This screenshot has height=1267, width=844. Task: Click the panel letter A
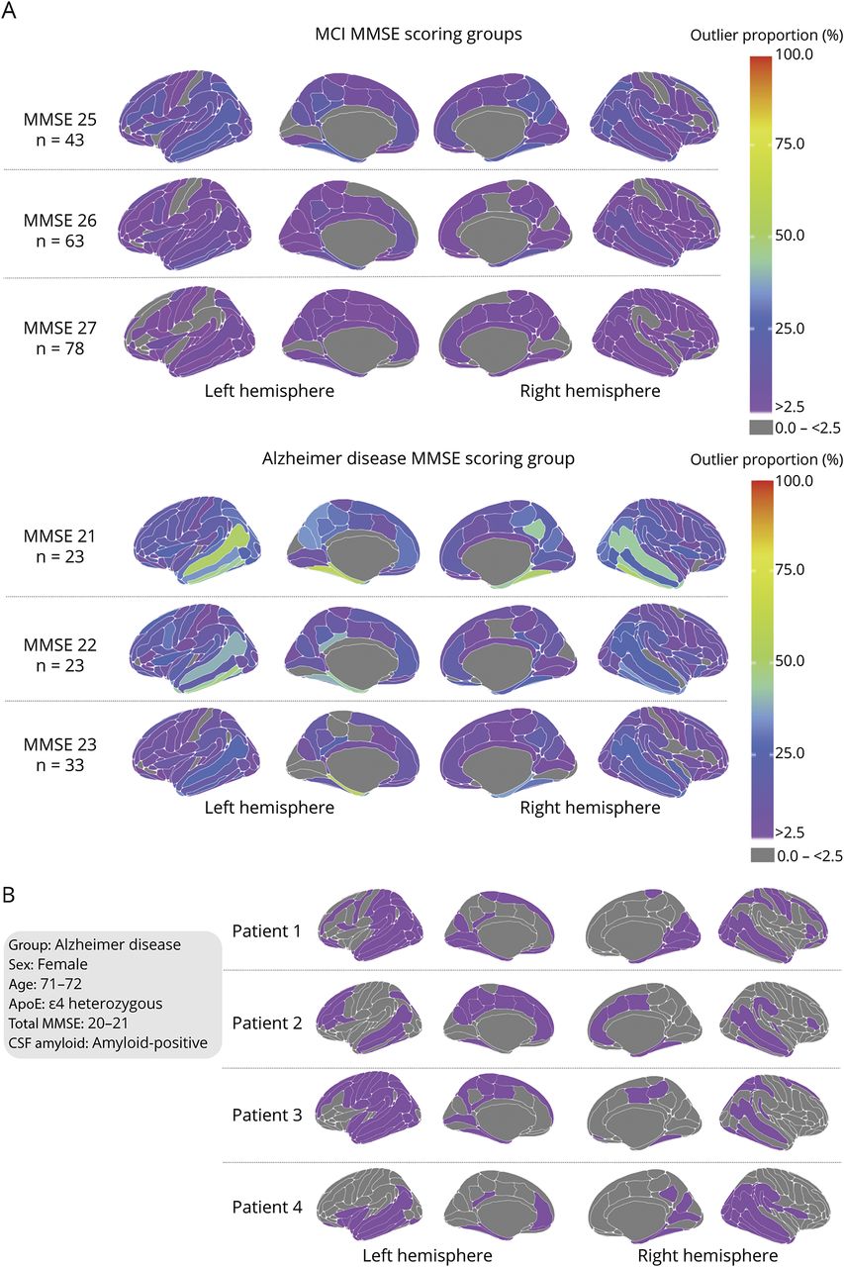[x=9, y=11]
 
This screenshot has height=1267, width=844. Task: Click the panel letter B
[x=8, y=896]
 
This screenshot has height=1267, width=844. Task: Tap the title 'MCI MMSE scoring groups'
[x=419, y=35]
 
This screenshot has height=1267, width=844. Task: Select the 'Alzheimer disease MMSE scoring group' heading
[x=418, y=458]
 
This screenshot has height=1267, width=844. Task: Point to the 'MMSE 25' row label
[x=60, y=120]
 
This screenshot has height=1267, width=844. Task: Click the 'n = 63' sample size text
[x=60, y=242]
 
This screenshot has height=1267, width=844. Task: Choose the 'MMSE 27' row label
[x=60, y=328]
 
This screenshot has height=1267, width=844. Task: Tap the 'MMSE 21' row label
[x=60, y=536]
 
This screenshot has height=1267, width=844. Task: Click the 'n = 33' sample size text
[x=60, y=765]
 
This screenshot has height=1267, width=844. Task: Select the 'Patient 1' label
[x=267, y=931]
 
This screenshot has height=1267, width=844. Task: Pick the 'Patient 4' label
[x=267, y=1207]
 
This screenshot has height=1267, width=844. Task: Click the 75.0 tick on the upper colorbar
[x=790, y=145]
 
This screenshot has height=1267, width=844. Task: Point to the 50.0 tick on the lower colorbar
[x=790, y=660]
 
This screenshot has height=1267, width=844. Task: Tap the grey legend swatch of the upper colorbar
[x=760, y=427]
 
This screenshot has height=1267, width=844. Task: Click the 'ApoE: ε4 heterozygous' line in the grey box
[x=85, y=1004]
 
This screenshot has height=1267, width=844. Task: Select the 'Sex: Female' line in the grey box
[x=48, y=964]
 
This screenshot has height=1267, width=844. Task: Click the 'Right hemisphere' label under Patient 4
[x=707, y=1255]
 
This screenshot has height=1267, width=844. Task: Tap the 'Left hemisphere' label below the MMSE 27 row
[x=269, y=391]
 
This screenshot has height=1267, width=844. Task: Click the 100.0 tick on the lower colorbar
[x=794, y=481]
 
